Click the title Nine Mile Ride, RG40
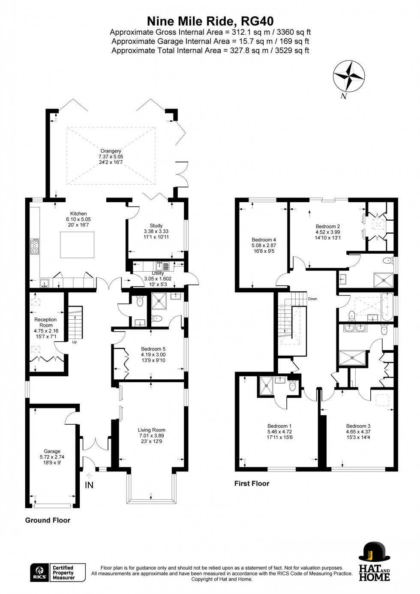[x=210, y=21]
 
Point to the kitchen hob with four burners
[x=34, y=246]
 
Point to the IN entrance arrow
[x=89, y=477]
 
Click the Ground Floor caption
[x=48, y=520]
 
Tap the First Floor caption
[x=252, y=483]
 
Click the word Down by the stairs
[x=312, y=299]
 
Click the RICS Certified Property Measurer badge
[x=58, y=573]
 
